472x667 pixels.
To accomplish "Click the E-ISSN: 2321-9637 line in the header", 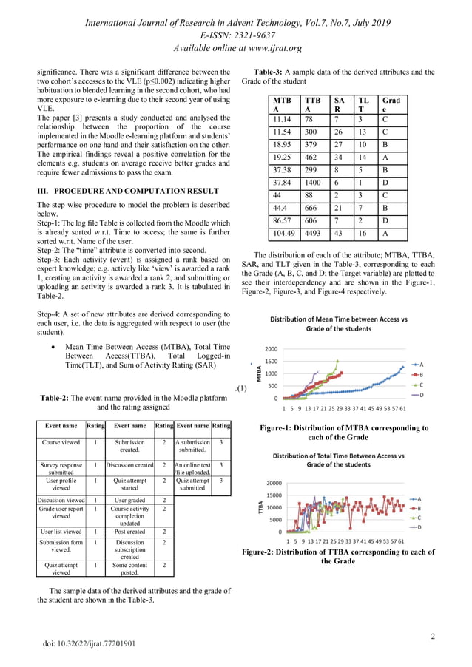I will click(236, 34).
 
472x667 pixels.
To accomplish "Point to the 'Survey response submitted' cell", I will click(61, 470).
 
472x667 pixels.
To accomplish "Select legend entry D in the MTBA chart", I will click(421, 395).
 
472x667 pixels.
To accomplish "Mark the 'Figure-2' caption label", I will click(262, 552).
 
